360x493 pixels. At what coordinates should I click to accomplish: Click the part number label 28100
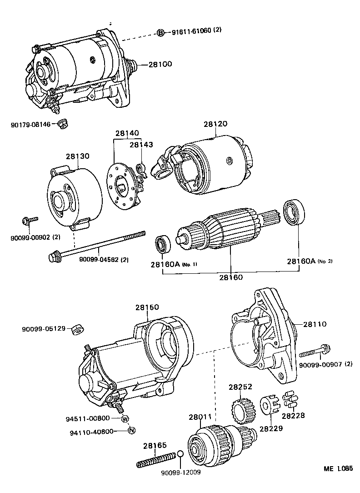(160, 64)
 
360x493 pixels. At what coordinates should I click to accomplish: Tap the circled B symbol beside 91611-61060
(160, 32)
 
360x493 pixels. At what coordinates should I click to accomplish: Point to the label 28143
(142, 145)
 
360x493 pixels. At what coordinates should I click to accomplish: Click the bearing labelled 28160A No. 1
(162, 244)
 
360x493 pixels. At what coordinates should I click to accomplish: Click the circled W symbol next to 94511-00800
(125, 418)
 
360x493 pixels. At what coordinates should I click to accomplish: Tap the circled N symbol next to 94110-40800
(131, 431)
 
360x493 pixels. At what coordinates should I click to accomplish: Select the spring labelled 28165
(156, 460)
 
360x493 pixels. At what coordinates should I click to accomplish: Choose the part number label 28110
(315, 324)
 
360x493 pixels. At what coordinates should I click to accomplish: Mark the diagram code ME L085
(338, 469)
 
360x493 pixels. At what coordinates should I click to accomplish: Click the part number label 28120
(215, 124)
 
